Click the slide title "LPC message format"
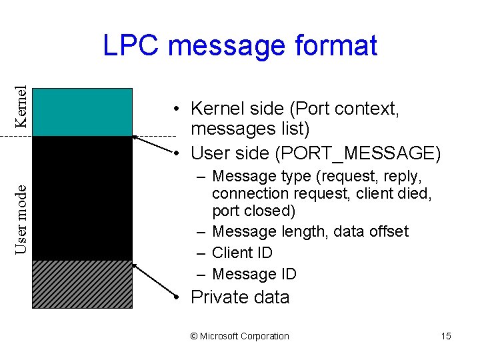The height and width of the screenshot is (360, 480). (240, 46)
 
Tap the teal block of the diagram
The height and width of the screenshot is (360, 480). (82, 112)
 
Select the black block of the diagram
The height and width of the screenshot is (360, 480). (82, 197)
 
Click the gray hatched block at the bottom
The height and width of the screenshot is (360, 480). (82, 283)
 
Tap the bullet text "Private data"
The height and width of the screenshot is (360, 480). (240, 297)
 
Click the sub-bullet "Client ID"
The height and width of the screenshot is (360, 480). (242, 253)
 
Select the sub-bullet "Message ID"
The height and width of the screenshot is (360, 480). (253, 274)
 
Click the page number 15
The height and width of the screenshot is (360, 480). (446, 336)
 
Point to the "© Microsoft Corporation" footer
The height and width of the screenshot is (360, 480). (240, 336)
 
